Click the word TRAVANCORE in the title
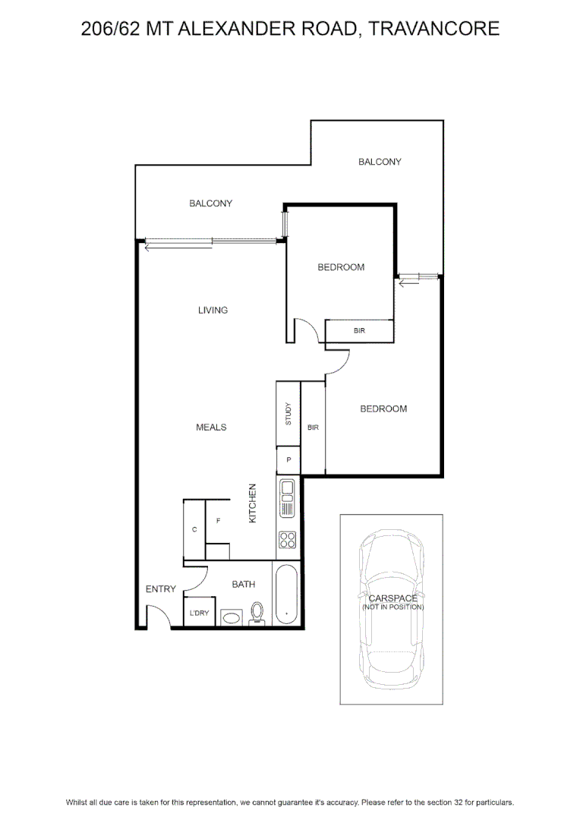point(434,28)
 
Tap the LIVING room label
point(213,310)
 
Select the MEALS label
point(211,427)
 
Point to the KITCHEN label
point(253,503)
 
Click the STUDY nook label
point(288,414)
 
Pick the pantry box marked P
point(288,460)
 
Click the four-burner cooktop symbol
point(288,540)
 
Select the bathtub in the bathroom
point(286,594)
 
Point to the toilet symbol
point(257,613)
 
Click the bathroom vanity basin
point(231,617)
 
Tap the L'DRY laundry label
point(199,613)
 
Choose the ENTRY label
point(160,589)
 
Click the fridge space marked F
point(218,521)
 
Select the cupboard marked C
point(194,530)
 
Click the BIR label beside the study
point(313,427)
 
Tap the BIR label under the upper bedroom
point(359,330)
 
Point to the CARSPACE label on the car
point(393,598)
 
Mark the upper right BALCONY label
point(380,162)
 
